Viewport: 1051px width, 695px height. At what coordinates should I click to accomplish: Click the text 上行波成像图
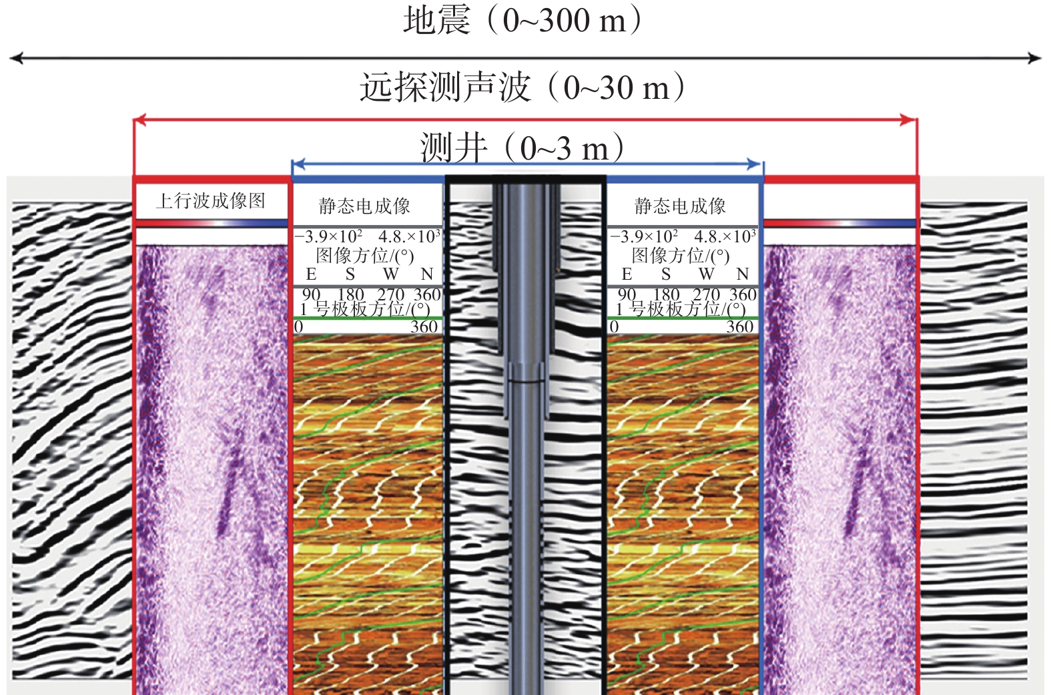tap(211, 200)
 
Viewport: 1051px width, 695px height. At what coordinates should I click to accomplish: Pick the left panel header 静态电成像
tap(364, 206)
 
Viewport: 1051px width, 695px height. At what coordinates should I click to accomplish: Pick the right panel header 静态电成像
tap(680, 206)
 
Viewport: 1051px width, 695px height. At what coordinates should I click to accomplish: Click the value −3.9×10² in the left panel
tap(328, 237)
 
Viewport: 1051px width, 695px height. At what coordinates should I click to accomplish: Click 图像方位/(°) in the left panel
tap(364, 256)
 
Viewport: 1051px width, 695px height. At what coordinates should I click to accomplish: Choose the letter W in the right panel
tap(706, 274)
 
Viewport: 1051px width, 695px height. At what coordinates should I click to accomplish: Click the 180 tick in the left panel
tap(351, 294)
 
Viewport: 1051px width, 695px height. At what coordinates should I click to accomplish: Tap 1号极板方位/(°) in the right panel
tap(680, 309)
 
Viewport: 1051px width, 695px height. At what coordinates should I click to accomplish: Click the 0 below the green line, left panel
tap(298, 326)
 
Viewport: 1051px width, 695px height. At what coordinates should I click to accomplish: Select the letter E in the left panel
tap(311, 274)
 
